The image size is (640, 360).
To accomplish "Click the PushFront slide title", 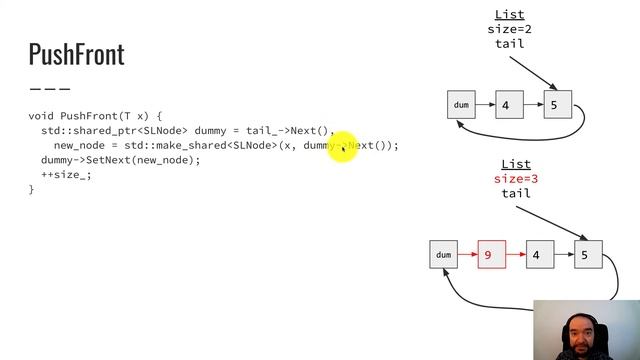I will pos(76,54).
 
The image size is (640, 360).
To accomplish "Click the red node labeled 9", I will pos(487,255).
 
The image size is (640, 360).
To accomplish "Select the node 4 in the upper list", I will pos(506,104).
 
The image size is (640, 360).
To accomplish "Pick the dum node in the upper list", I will pos(461,104).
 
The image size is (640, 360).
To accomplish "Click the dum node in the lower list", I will pos(443,255).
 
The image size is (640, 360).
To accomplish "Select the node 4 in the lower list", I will pos(536,255).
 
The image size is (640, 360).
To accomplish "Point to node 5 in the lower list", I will pos(585,255).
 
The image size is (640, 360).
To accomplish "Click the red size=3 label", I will pos(515,179).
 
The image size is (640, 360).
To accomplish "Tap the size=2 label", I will pos(509,29).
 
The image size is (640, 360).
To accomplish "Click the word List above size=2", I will pos(509,15).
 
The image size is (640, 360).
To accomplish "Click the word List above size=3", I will pos(515,164).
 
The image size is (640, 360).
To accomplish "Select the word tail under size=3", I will pos(515,193).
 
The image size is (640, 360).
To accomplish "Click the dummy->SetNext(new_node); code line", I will pos(120,160).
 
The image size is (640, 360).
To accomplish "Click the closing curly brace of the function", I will pos(31,189).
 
